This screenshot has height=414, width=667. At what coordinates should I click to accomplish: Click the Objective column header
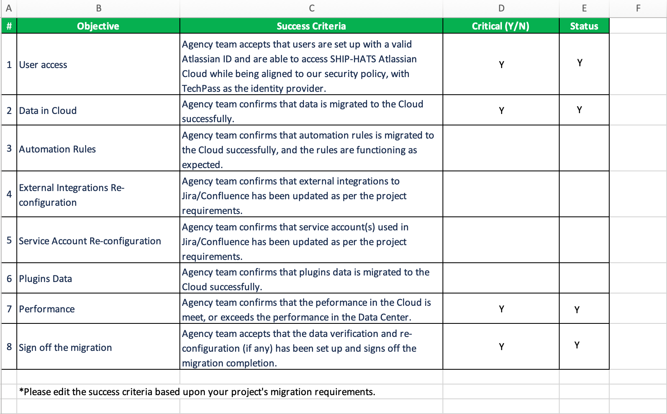tap(98, 26)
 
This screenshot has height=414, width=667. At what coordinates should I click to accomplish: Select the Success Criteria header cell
tap(311, 26)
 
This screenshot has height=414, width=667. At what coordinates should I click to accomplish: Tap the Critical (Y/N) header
tap(500, 26)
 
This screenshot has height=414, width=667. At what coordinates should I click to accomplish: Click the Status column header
tap(584, 26)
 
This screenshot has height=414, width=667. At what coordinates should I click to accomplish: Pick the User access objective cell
tap(43, 65)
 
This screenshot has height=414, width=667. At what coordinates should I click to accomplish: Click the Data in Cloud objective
tap(48, 111)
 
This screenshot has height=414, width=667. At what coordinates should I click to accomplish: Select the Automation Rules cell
tap(57, 149)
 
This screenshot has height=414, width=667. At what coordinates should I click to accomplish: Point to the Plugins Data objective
tap(45, 279)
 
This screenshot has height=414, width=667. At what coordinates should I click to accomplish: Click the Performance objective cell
tap(47, 309)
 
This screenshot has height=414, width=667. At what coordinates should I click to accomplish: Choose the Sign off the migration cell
tap(65, 348)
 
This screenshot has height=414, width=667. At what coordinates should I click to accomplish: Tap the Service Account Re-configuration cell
tap(90, 241)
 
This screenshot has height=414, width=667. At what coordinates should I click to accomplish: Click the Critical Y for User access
tap(501, 65)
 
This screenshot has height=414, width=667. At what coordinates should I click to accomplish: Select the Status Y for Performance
tap(577, 310)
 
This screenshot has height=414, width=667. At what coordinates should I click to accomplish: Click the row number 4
tap(9, 194)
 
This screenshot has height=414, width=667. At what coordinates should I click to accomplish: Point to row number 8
tap(9, 347)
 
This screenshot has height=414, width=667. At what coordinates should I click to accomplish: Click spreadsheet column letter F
tap(638, 8)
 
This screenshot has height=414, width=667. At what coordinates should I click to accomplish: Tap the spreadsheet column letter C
tap(311, 8)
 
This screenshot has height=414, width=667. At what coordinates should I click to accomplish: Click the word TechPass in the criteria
tap(201, 89)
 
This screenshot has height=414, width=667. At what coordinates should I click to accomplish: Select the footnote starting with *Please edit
tap(197, 392)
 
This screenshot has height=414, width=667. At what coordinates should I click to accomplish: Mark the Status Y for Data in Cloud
tap(579, 110)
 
